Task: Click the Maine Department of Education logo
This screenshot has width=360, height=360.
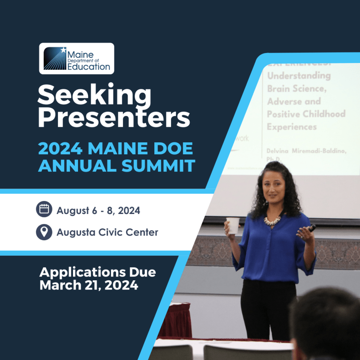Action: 76,58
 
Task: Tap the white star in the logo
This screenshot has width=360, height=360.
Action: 63,50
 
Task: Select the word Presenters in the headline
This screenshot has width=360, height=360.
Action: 113,118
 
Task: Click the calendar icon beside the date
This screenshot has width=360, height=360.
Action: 44,209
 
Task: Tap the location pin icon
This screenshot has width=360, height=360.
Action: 44,232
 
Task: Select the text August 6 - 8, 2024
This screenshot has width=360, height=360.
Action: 98,211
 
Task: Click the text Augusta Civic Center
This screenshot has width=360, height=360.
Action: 107,232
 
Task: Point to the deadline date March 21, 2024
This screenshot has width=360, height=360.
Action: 89,286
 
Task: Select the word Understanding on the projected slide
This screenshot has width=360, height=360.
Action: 299,76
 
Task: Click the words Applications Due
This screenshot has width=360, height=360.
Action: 98,272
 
